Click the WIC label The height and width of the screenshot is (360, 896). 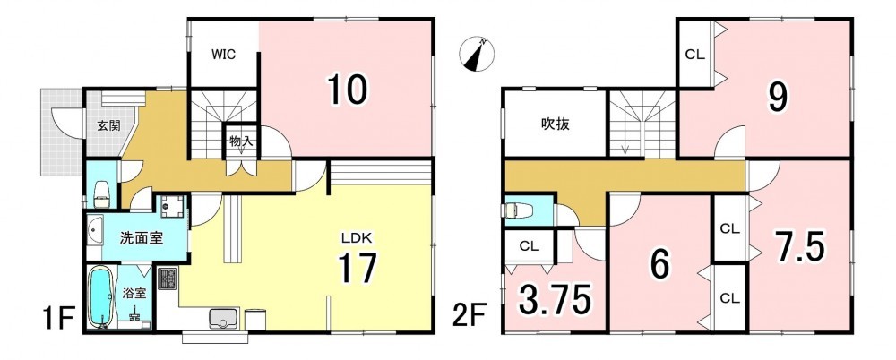224,55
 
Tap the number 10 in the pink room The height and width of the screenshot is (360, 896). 347,90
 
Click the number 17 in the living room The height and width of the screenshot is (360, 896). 358,268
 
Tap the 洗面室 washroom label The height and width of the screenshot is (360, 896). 142,237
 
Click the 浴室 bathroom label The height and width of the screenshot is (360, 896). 135,294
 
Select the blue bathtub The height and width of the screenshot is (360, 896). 100,298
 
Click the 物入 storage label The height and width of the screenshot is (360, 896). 240,141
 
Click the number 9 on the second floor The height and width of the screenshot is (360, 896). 777,98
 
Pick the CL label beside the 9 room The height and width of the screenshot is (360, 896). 695,56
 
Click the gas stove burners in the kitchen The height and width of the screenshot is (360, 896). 168,279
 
